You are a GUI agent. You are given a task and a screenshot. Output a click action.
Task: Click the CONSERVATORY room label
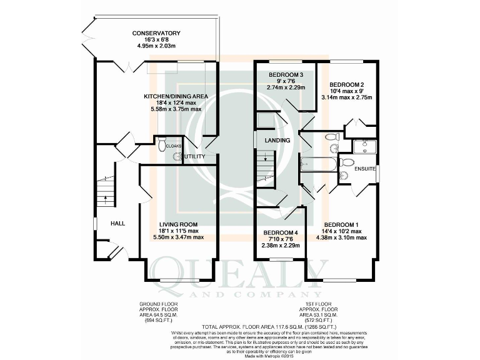(x=156, y=33)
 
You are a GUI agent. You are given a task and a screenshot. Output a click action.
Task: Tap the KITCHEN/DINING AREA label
(x=176, y=96)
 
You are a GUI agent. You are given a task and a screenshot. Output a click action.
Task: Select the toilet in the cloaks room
(x=161, y=144)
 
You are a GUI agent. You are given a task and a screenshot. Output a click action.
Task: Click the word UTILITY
(x=194, y=156)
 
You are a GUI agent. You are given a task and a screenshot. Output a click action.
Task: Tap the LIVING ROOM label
(x=178, y=224)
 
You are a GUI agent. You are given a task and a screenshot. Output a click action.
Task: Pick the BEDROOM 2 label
(x=347, y=84)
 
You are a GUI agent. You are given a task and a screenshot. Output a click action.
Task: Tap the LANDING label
(x=277, y=141)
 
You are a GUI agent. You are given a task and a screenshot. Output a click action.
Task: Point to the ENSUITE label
(x=364, y=169)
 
